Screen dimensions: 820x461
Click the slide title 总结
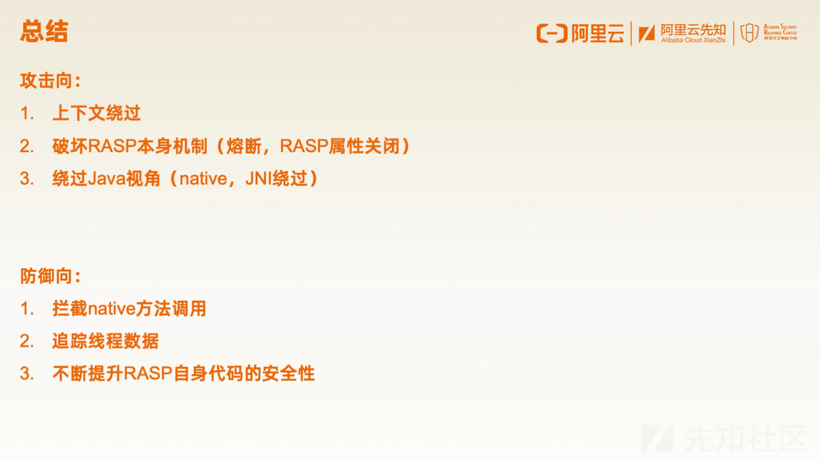(44, 31)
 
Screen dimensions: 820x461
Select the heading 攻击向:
(50, 81)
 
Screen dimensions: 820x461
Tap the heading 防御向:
(50, 276)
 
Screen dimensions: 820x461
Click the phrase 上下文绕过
(96, 113)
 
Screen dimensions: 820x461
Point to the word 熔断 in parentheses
(244, 146)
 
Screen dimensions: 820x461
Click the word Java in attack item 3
(106, 178)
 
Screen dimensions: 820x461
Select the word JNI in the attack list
(259, 178)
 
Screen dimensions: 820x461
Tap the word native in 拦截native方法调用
(111, 309)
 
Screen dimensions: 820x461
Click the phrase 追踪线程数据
(106, 341)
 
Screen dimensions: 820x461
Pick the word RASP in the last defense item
(148, 373)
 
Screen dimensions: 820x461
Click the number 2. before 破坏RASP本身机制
(27, 146)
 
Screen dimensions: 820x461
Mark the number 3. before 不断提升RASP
(27, 373)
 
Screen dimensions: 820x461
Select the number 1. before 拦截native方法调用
(27, 309)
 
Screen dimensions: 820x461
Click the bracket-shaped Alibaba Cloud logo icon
(552, 33)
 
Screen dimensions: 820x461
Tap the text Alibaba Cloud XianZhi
(693, 40)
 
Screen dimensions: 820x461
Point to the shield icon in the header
(750, 33)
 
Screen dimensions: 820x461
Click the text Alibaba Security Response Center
(780, 29)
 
